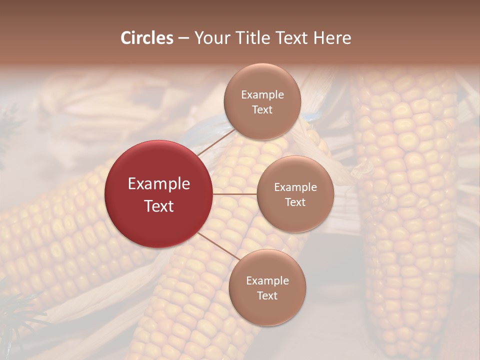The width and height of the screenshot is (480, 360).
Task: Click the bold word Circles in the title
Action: point(146,38)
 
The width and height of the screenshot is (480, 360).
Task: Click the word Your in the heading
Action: point(210,38)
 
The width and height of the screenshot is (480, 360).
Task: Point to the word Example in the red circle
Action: point(159,184)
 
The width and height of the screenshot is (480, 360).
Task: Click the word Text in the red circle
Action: point(159,206)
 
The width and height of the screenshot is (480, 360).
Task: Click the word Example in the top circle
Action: point(262,95)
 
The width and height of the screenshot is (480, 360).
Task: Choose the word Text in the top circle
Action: point(262,109)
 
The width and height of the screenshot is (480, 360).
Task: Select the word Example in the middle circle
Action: point(295,187)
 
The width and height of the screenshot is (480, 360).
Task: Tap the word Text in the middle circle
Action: point(295,202)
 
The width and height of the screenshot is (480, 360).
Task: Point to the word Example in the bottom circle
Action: point(267,280)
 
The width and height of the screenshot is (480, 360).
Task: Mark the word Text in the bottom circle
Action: point(267,295)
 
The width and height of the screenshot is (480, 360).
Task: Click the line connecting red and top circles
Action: point(216,142)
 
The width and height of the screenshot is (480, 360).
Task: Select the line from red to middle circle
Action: point(235,194)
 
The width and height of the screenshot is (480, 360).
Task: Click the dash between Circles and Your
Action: point(183,38)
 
